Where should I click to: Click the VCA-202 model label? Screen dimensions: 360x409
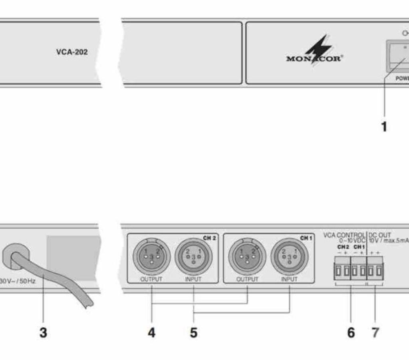[72, 52]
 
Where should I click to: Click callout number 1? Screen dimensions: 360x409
[384, 127]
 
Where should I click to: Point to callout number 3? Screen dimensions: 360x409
[43, 332]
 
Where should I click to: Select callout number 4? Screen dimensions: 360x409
[151, 332]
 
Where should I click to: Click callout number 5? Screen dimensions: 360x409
[194, 332]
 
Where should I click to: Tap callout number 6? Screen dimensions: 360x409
[351, 332]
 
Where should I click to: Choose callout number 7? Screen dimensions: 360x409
[375, 332]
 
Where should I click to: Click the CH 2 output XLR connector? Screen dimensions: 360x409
[151, 256]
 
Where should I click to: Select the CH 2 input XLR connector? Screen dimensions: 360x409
[193, 256]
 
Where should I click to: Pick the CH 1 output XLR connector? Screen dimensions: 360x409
[247, 256]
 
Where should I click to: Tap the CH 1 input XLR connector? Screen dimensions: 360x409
[289, 256]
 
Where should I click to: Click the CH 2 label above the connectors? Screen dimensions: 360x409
[209, 238]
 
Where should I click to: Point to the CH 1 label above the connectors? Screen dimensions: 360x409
[306, 238]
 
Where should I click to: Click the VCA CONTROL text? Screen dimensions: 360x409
[344, 235]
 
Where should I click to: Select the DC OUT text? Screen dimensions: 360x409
[379, 235]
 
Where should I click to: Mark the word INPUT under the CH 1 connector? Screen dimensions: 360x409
[289, 279]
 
